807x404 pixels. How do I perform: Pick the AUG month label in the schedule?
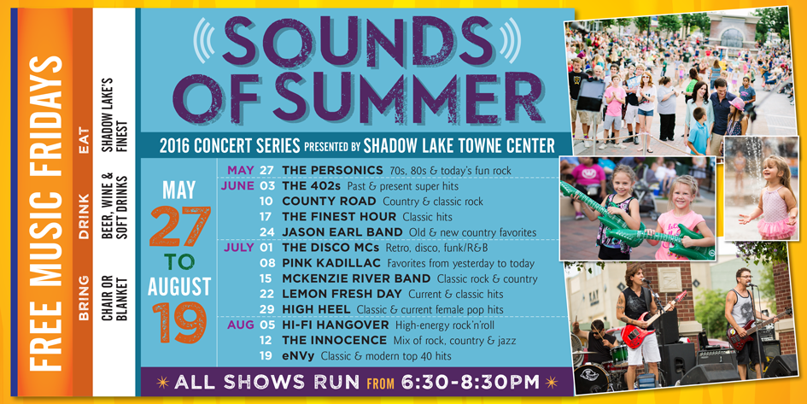tap(241, 325)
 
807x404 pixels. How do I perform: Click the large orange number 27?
tap(180, 225)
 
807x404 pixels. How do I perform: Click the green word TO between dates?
tap(179, 262)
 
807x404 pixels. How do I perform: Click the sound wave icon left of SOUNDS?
tap(203, 41)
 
